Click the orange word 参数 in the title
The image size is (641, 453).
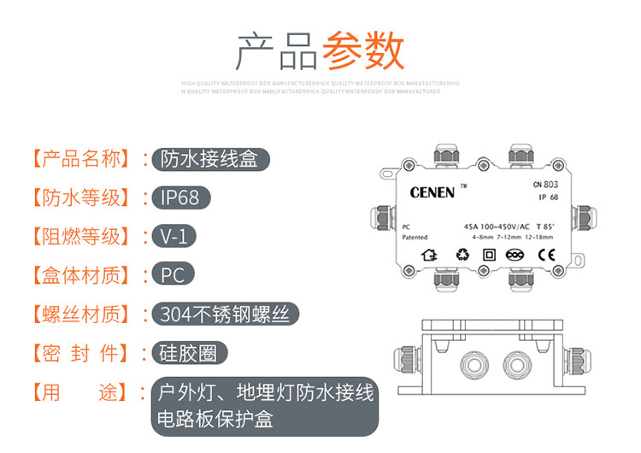pos(362,52)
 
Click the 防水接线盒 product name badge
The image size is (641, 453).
pos(209,158)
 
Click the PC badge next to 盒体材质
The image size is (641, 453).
pos(173,275)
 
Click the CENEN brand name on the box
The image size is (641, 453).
pos(432,193)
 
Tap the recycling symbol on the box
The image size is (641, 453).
pos(462,254)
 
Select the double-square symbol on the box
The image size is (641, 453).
pos(490,254)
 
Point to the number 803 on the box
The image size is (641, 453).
pos(552,183)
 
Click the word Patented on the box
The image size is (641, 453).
pos(415,238)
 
